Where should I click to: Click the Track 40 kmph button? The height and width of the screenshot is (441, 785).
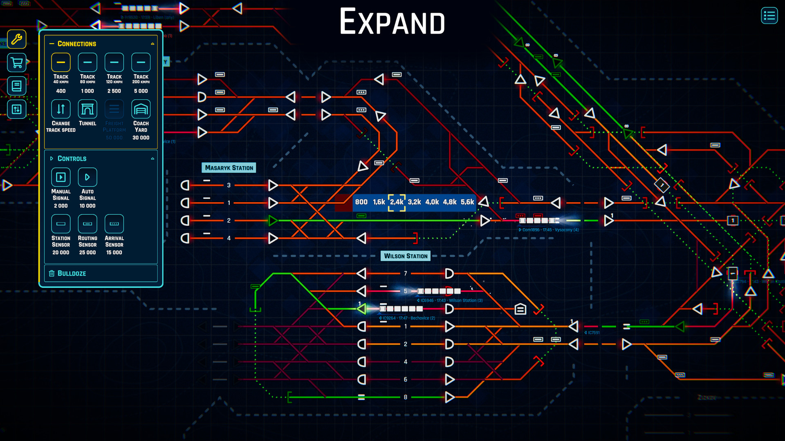(61, 62)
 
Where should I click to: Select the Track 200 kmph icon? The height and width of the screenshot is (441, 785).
(141, 62)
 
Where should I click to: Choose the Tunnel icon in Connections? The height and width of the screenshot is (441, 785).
(87, 109)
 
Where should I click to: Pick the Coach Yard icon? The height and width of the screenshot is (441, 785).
(141, 109)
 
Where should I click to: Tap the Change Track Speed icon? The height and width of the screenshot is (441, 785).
(61, 109)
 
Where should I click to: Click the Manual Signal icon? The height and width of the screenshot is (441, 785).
(61, 177)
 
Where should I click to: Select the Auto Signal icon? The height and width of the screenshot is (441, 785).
(87, 177)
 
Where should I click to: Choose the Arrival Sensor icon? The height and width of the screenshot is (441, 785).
(114, 224)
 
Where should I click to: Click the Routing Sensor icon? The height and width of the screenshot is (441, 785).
(87, 224)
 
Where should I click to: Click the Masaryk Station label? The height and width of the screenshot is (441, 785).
(229, 168)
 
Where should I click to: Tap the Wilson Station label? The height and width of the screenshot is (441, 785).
(406, 256)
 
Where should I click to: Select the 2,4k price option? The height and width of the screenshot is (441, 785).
(397, 202)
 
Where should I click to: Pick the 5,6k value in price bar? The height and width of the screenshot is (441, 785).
(467, 202)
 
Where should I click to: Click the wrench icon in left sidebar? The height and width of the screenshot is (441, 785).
(17, 39)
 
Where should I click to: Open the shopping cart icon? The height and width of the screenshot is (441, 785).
(17, 63)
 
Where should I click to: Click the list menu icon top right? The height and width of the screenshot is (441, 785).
(769, 16)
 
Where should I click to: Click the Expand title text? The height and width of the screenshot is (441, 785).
(392, 22)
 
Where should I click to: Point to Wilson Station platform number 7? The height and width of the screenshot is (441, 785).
(406, 274)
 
